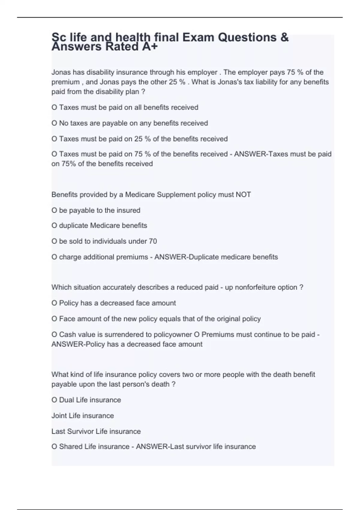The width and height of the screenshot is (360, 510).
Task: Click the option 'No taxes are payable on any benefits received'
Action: pos(130,123)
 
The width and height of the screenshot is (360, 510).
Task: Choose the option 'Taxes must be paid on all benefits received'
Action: pos(125,107)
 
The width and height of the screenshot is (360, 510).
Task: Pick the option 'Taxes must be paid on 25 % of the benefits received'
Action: pos(139,139)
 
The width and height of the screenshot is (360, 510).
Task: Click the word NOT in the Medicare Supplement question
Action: pos(243,195)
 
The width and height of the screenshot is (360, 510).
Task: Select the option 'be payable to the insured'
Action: pos(96,210)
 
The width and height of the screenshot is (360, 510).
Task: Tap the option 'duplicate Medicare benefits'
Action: pos(99,226)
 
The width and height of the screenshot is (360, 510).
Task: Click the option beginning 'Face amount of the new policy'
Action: pos(156,319)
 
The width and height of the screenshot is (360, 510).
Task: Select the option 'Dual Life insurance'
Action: pos(86,400)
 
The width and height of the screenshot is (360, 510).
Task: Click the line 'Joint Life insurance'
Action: pos(82,415)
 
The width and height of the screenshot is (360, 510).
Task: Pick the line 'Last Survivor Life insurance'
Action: pos(96,431)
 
